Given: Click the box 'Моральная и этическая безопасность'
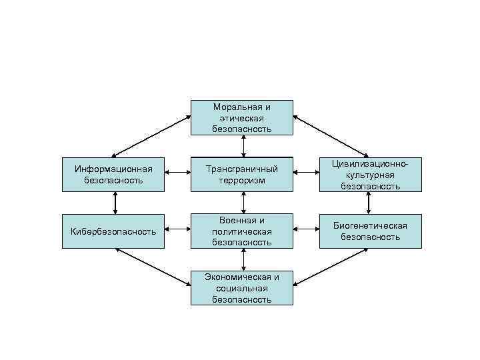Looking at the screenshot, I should tap(242, 117).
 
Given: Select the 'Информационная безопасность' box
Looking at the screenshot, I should tap(113, 175).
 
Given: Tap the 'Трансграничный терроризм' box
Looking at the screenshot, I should tap(242, 175).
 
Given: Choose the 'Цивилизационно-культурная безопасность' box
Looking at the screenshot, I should tap(370, 175).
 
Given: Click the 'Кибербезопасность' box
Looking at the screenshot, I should tap(113, 231).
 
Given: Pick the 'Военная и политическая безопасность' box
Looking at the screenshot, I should tap(242, 231).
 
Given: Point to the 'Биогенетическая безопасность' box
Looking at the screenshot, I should tap(370, 231).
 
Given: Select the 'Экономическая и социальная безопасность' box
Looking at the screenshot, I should tap(242, 288).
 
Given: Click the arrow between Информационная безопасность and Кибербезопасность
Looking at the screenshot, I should tap(116, 203).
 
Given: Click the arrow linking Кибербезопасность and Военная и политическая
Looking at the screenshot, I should tap(177, 231).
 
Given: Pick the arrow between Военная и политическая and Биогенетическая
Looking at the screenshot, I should tap(306, 231).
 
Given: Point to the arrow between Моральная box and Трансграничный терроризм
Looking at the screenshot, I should tap(243, 146).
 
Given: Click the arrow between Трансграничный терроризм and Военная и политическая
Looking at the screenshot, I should tap(243, 203).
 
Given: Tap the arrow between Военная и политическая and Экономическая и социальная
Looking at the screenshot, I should tap(243, 260).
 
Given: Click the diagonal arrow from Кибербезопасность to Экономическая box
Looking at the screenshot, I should tap(152, 267).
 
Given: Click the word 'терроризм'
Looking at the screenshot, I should tap(242, 181).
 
